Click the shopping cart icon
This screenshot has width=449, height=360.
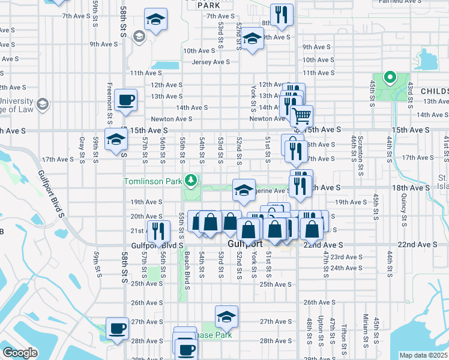click(304, 115)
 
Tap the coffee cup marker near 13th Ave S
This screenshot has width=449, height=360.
click(125, 100)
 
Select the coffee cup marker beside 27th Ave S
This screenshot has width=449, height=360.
click(117, 328)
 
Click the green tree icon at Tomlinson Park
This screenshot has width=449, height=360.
click(191, 179)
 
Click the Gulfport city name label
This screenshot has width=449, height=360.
click(246, 245)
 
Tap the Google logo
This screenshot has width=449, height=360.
click(20, 353)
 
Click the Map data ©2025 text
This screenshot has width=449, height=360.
click(423, 355)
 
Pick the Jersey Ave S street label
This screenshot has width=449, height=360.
click(211, 62)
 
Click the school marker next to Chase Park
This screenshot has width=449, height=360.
click(226, 316)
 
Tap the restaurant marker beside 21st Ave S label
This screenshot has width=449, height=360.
click(158, 230)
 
